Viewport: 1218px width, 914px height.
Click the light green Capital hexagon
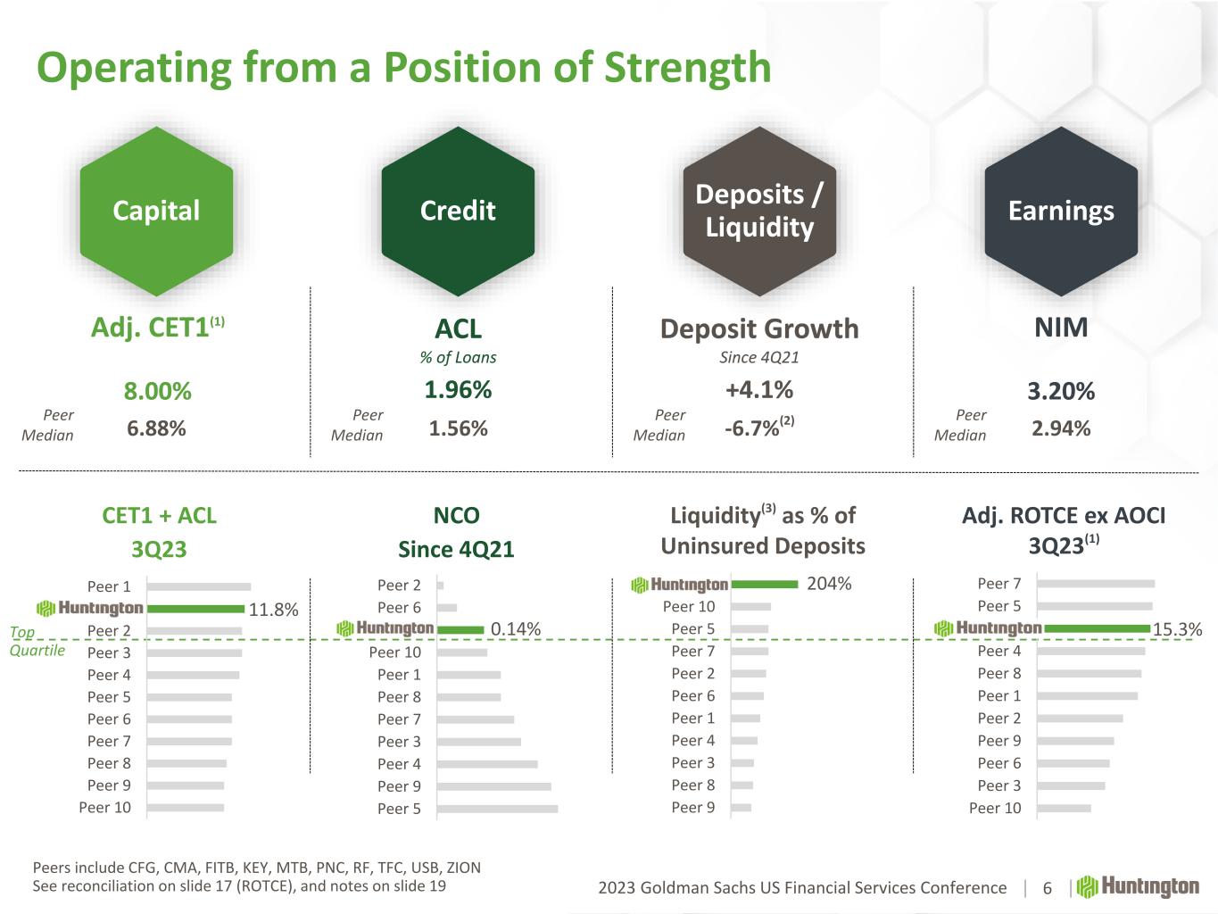156,211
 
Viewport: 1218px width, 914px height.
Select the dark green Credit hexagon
458,211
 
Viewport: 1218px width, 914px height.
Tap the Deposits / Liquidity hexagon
759,211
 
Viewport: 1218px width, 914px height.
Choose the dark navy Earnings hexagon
1061,211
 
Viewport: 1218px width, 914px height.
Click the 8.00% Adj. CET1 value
157,391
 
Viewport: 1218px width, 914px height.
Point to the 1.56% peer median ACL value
458,428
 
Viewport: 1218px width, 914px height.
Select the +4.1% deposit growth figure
759,390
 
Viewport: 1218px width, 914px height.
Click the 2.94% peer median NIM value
1061,428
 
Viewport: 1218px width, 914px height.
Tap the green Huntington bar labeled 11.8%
195,609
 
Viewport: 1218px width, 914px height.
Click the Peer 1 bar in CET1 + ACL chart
199,586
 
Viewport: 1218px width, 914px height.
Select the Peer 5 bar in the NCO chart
497,809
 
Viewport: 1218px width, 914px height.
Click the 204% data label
829,584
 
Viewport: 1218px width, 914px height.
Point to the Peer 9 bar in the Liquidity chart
742,808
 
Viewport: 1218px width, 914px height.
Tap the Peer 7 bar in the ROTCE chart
1096,584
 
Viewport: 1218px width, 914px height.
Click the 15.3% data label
1178,629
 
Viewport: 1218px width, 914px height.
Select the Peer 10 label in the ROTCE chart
995,808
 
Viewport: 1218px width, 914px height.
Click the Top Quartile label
37,641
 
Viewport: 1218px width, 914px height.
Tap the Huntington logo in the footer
1138,886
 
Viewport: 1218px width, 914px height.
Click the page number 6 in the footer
1048,888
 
